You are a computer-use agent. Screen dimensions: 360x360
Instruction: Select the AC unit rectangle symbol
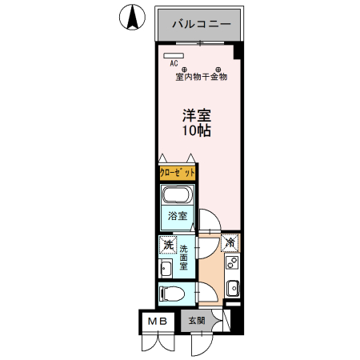click(174, 55)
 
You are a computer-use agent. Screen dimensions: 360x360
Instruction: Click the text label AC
click(173, 64)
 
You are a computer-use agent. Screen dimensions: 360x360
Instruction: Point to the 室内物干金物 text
click(202, 78)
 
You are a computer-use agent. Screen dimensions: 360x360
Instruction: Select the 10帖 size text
click(195, 130)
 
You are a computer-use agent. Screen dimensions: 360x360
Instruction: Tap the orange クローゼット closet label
click(176, 173)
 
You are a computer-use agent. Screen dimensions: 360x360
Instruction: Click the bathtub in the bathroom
click(176, 196)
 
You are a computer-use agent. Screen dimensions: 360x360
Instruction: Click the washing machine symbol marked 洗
click(168, 245)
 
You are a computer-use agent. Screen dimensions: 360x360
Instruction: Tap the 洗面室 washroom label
click(184, 257)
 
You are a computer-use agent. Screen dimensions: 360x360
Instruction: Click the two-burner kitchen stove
click(232, 262)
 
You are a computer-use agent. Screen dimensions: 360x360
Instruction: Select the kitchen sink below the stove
click(232, 287)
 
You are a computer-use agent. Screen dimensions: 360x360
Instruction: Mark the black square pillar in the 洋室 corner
click(238, 53)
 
